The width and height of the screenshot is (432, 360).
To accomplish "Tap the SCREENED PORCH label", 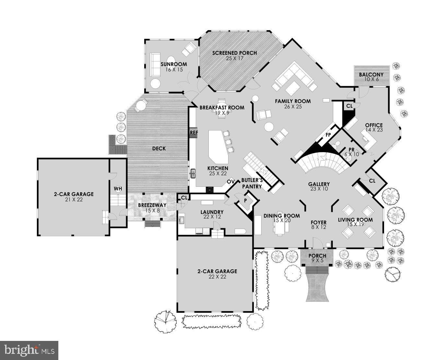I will pyautogui.click(x=234, y=53).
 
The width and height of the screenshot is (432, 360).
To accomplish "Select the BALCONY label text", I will pyautogui.click(x=371, y=75).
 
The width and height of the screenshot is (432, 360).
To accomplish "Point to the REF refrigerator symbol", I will pyautogui.click(x=193, y=132).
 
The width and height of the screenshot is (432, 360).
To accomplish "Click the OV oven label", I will pyautogui.click(x=231, y=182).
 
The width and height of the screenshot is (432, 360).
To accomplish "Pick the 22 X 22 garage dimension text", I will pyautogui.click(x=217, y=277).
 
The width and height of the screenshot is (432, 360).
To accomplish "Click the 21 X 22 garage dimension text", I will pyautogui.click(x=74, y=200).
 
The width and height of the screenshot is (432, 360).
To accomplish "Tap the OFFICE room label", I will pyautogui.click(x=374, y=125).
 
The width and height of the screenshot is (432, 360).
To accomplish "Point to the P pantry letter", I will pyautogui.click(x=245, y=200).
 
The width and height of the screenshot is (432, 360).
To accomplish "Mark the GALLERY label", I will pyautogui.click(x=319, y=184).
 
